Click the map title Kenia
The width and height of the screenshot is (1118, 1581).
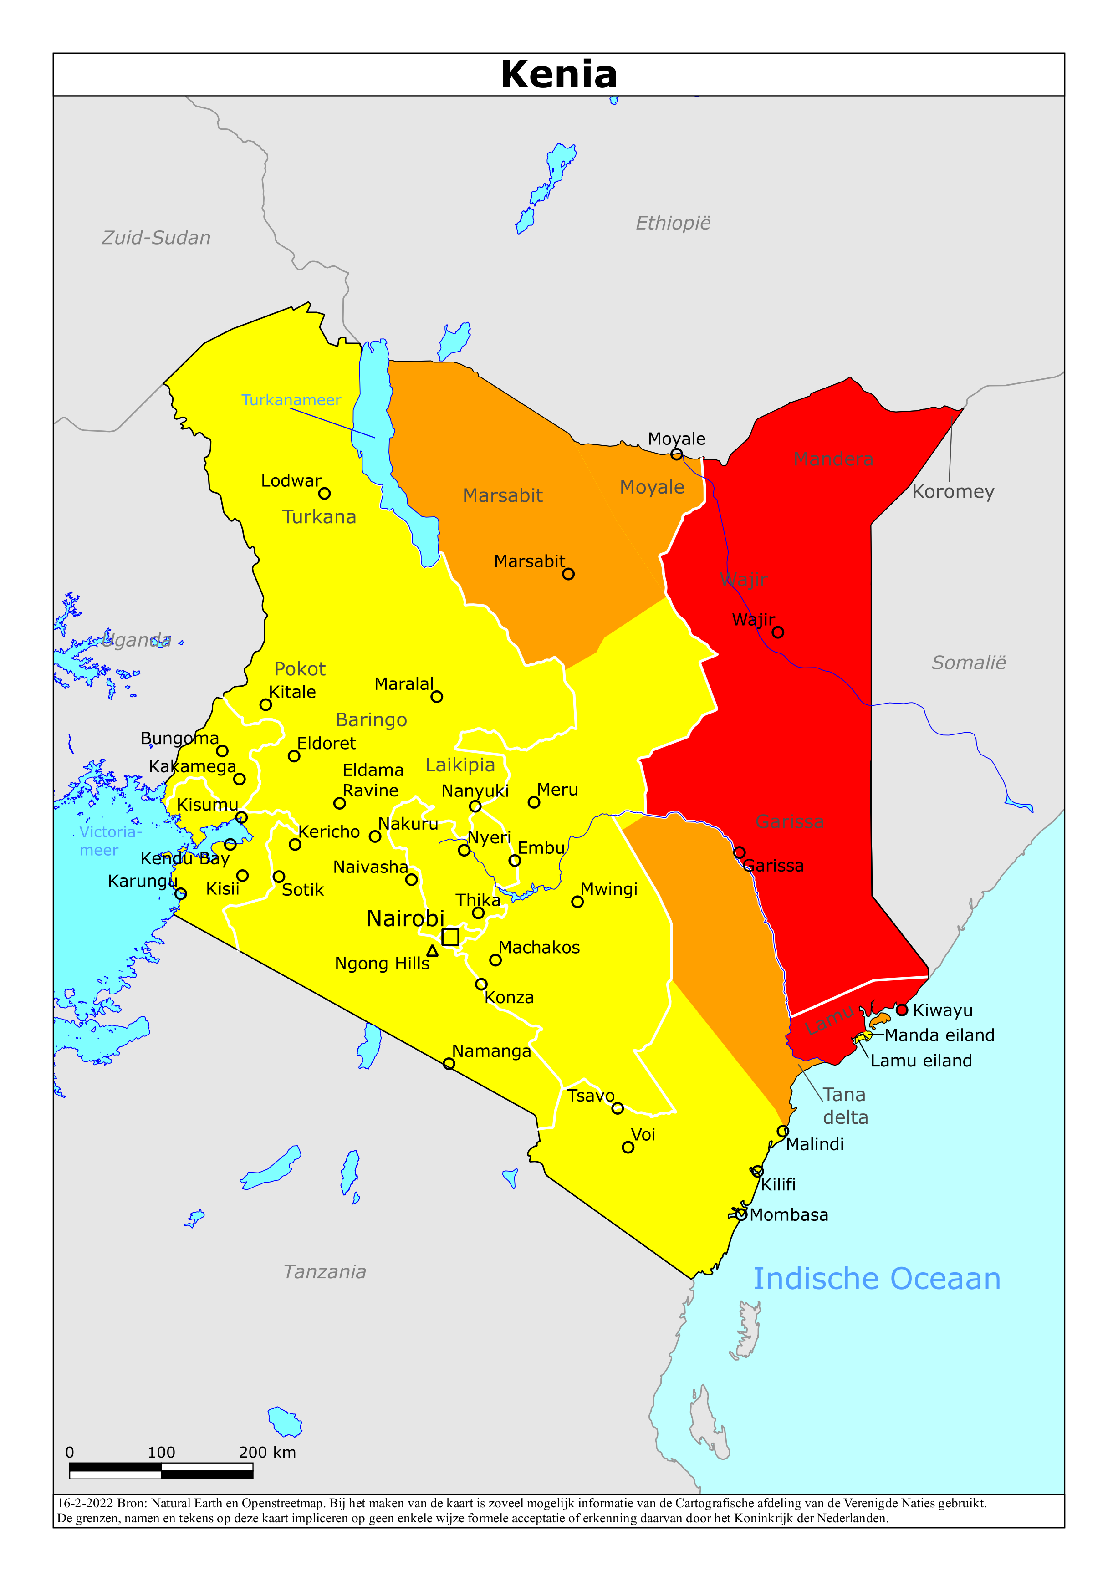coord(559,74)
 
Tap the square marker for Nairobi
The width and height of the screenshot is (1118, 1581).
coord(450,937)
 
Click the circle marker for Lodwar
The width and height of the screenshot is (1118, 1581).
coord(324,493)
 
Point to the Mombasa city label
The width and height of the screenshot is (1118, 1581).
coord(789,1215)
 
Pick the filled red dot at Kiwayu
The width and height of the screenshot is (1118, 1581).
coord(902,1010)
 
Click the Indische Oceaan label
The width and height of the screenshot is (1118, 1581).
coord(876,1279)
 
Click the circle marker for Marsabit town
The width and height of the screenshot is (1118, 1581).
coord(568,574)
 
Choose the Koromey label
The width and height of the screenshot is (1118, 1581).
coord(953,492)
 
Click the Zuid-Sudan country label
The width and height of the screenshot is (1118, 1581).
coord(156,238)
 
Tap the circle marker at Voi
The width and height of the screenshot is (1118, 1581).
coord(628,1147)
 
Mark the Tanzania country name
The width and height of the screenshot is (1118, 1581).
coord(324,1272)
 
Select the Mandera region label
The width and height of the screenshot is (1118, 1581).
coord(833,459)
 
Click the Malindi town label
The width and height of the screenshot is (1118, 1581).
coord(814,1144)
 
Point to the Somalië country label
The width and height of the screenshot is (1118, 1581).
coord(969,663)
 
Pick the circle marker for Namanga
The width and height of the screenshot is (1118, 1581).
coord(449,1064)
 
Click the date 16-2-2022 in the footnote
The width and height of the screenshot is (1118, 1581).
coord(85,1503)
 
